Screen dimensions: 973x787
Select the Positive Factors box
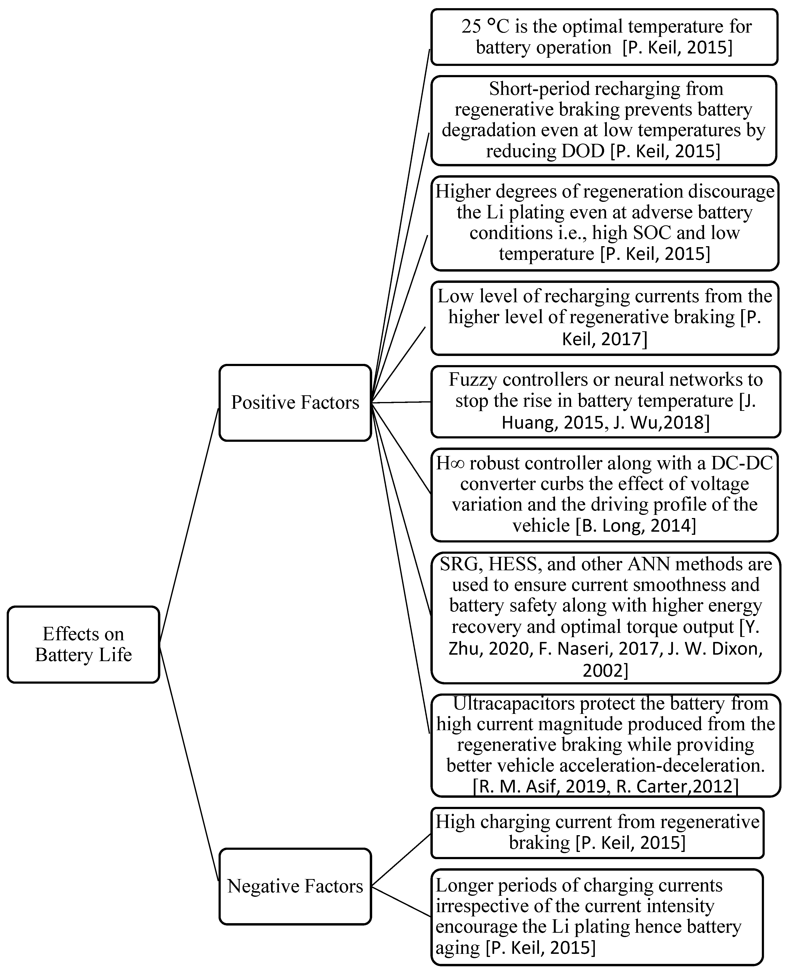point(295,403)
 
